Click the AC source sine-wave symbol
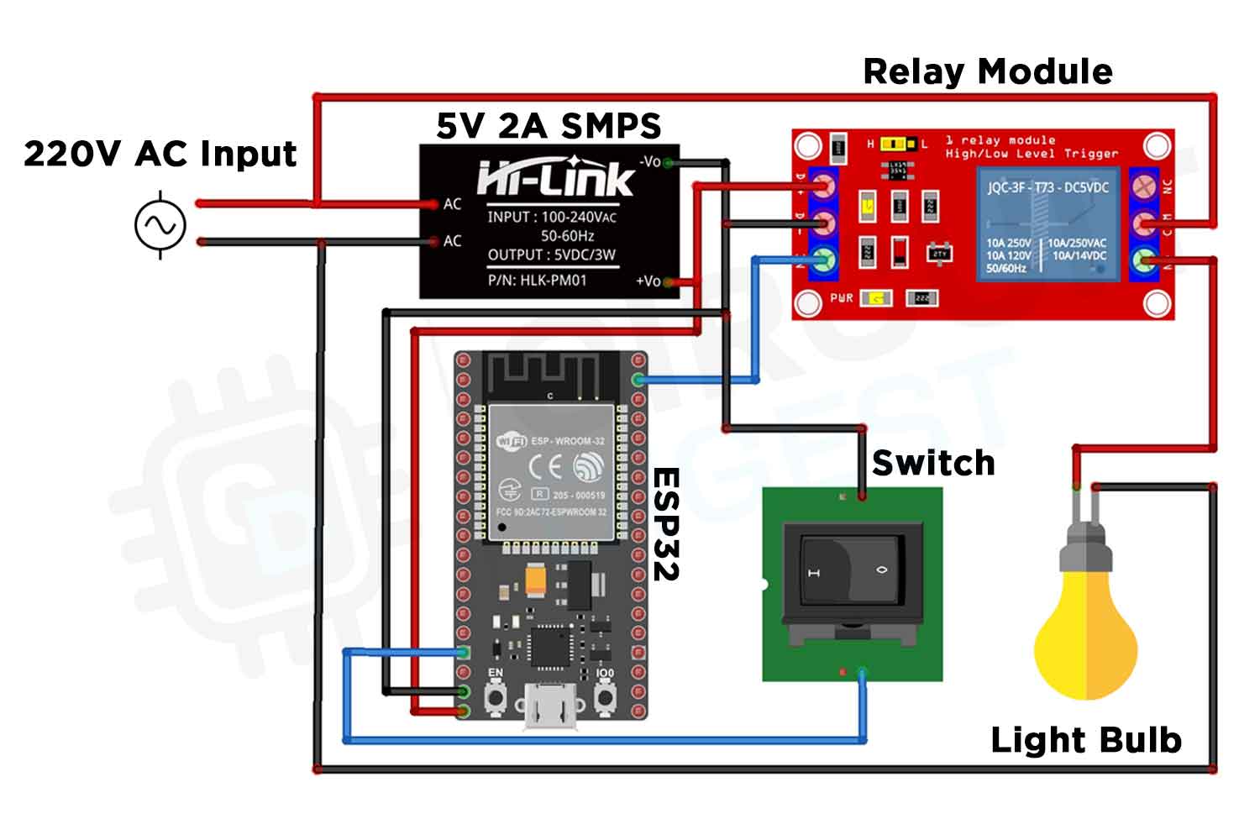point(160,225)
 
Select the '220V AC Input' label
point(160,154)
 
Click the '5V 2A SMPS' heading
point(549,126)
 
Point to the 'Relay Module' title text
point(987,72)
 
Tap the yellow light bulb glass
point(1085,638)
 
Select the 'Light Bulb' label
point(1085,740)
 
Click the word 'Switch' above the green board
point(932,463)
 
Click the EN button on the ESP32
point(496,697)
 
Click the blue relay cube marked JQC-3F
point(1047,224)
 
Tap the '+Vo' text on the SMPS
point(648,281)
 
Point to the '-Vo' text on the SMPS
point(649,161)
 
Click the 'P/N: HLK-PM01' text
point(537,281)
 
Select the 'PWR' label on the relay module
point(841,298)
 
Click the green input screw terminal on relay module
point(824,260)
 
